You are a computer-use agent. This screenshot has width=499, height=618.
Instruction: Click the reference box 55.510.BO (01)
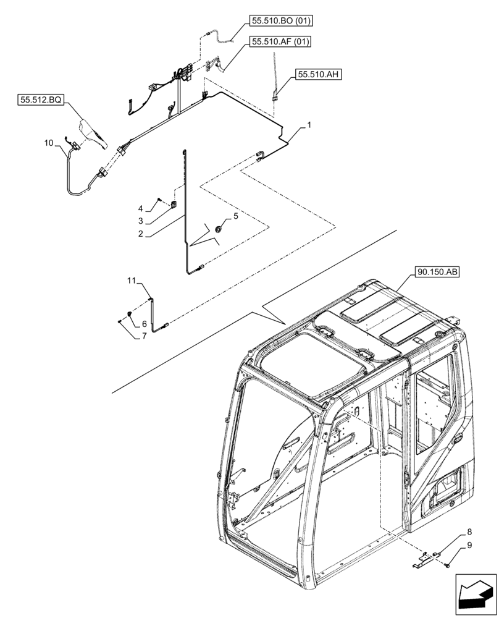281,21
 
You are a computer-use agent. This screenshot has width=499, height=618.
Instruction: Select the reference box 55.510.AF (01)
280,41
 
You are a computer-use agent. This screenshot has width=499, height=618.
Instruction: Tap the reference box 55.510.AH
319,74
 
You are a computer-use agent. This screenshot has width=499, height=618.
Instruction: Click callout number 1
309,125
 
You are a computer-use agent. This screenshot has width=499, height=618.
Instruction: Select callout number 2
141,234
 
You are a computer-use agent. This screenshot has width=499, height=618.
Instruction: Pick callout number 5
235,216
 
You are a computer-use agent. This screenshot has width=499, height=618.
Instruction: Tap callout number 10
49,143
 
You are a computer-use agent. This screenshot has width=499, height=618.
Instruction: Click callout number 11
130,281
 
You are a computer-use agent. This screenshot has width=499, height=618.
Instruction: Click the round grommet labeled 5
218,230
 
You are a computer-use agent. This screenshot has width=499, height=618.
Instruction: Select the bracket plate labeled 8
427,558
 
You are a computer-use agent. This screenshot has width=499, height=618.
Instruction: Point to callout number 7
144,336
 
